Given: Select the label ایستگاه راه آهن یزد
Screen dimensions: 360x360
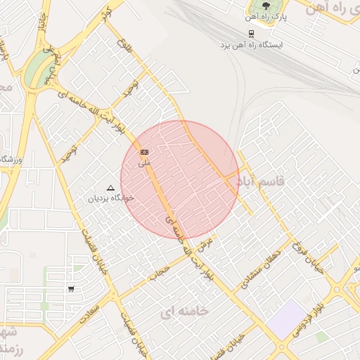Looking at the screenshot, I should [251, 44].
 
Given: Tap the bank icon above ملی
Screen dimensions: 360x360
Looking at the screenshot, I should [144, 152].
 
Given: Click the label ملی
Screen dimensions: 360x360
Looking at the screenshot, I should [144, 162].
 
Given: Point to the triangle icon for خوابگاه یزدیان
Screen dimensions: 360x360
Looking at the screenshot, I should [110, 188].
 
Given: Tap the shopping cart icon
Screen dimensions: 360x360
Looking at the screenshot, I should [70, 289].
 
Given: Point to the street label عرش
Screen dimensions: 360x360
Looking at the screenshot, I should [205, 244].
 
